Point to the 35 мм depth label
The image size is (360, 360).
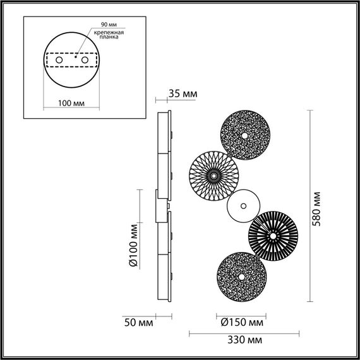tap(183, 94)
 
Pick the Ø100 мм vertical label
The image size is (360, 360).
tap(133, 244)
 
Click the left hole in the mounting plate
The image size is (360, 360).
tap(59, 59)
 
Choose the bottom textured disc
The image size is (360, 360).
tap(241, 277)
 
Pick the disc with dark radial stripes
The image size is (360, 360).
tap(273, 236)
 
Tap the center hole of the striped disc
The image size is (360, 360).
tap(273, 236)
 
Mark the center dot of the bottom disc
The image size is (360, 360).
tap(241, 277)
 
